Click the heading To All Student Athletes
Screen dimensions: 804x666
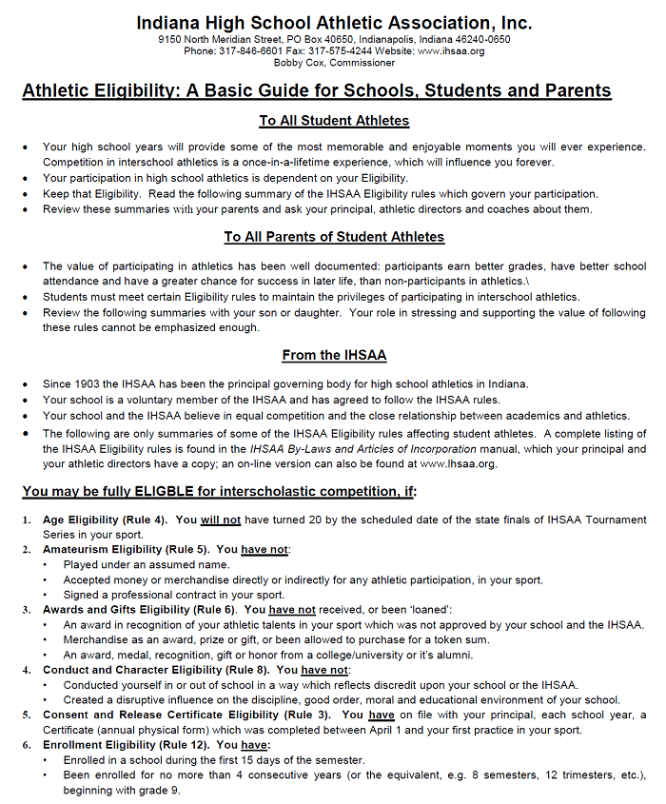pyautogui.click(x=334, y=121)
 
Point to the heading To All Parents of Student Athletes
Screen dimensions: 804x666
pyautogui.click(x=334, y=237)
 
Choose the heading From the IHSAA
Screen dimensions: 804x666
pyautogui.click(x=334, y=356)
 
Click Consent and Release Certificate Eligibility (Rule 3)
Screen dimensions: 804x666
pyautogui.click(x=186, y=714)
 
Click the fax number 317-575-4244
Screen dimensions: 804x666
pyautogui.click(x=344, y=51)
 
